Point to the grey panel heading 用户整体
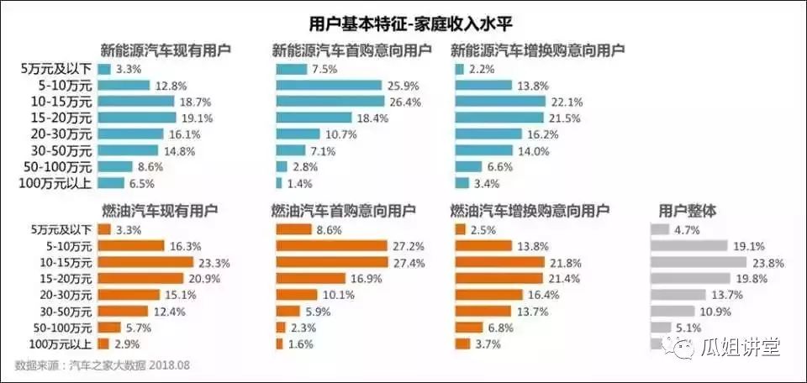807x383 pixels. [685, 211]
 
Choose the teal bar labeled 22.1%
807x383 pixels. [504, 102]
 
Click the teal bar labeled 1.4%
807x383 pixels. [279, 182]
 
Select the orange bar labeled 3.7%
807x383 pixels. [462, 343]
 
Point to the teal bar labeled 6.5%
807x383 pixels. [111, 182]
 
